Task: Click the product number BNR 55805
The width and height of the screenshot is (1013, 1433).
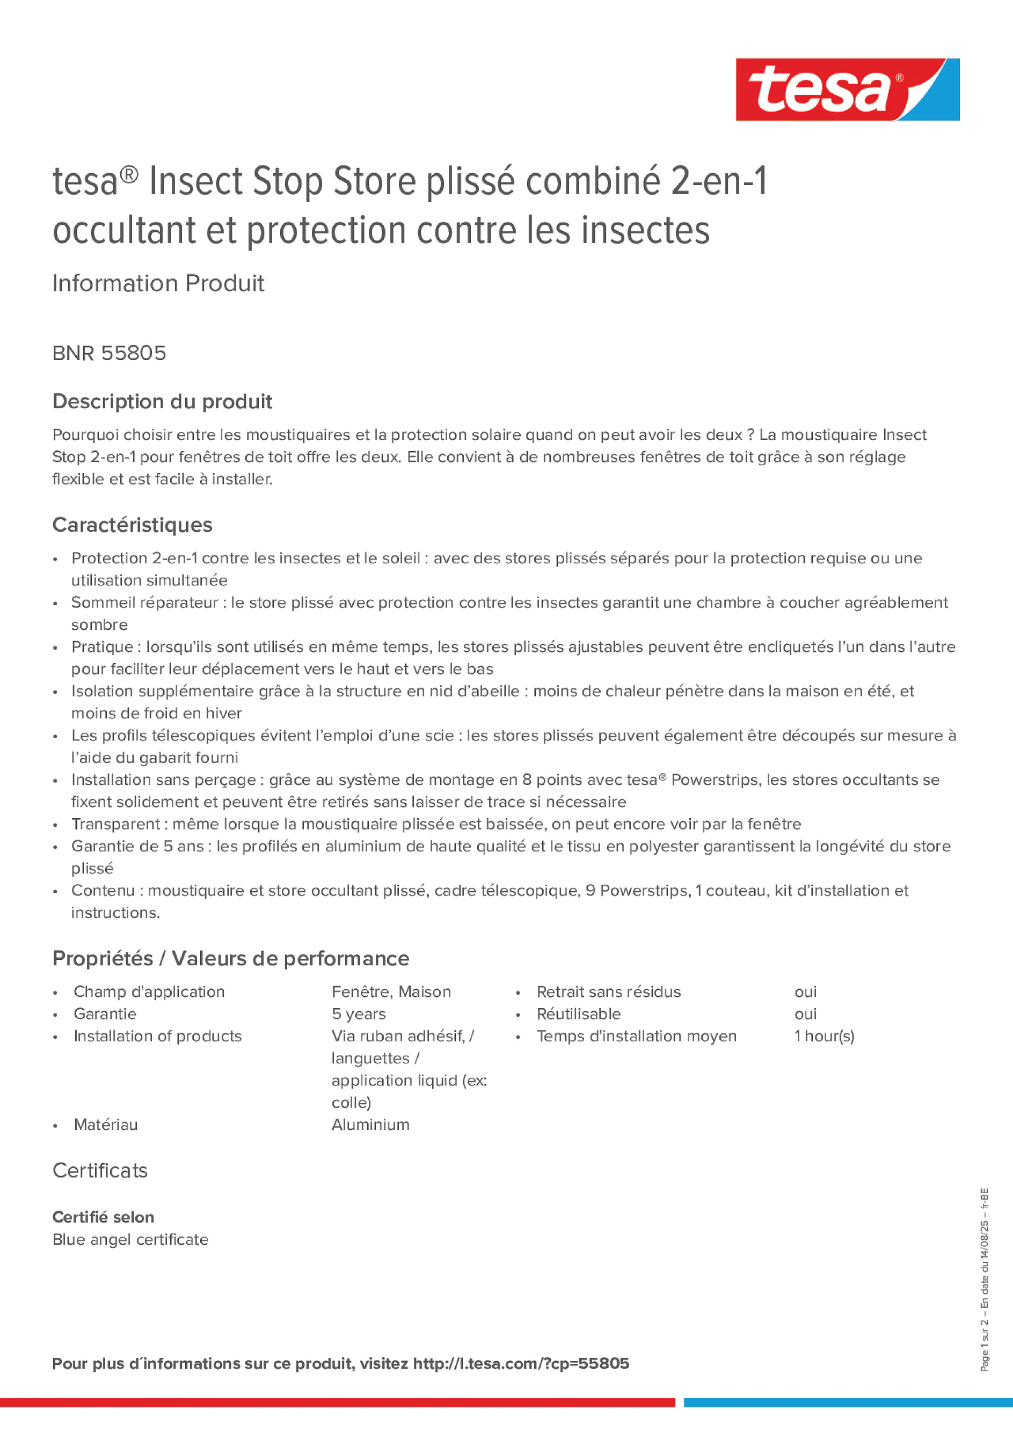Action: click(110, 353)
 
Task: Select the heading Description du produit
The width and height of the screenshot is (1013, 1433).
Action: click(162, 401)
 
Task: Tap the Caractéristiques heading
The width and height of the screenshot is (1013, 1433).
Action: click(133, 525)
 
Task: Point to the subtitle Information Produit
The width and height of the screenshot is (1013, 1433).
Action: click(158, 283)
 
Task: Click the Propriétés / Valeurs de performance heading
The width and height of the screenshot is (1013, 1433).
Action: click(230, 958)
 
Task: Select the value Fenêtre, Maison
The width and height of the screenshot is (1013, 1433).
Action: click(391, 992)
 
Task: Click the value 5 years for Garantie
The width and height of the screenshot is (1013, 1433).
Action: click(359, 1013)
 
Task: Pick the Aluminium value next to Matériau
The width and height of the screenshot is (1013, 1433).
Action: click(370, 1124)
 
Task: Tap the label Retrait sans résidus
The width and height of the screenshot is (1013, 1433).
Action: click(608, 992)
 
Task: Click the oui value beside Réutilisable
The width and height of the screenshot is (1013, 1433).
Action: click(805, 1013)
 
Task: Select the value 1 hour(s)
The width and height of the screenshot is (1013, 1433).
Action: click(823, 1036)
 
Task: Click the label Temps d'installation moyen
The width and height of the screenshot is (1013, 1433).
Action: click(636, 1036)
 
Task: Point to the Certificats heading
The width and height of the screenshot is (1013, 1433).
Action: click(100, 1170)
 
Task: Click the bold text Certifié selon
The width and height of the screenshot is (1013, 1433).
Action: click(103, 1216)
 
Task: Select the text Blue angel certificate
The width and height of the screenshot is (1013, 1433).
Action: click(130, 1239)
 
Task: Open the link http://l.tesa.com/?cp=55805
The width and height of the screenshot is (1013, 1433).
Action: click(521, 1364)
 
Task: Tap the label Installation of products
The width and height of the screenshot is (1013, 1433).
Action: click(157, 1036)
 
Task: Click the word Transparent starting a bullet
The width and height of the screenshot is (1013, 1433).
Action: click(115, 824)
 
